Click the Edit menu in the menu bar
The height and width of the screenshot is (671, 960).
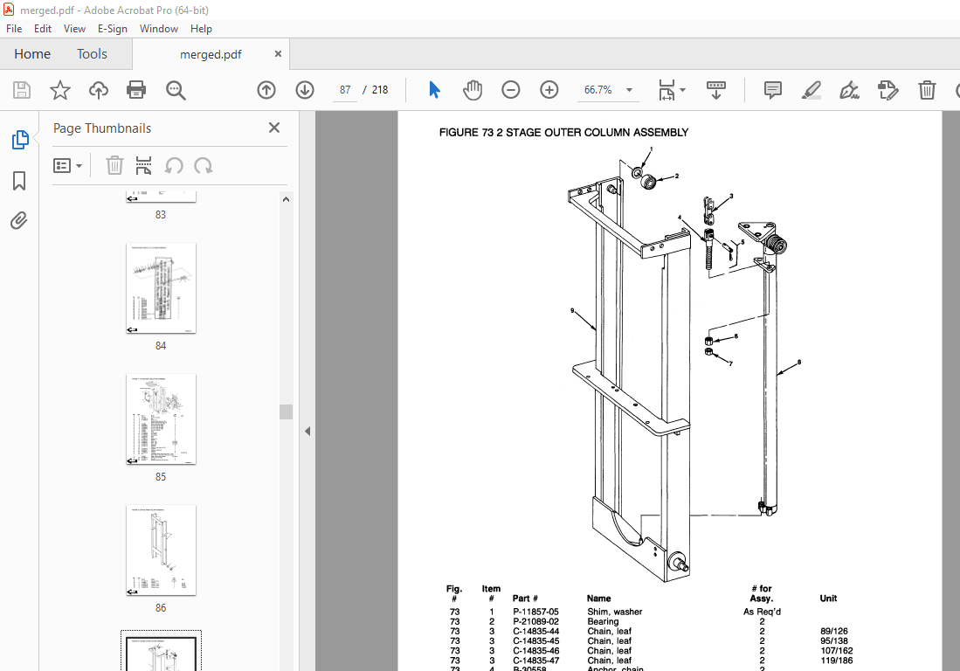click(43, 29)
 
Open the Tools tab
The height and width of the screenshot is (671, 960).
click(92, 54)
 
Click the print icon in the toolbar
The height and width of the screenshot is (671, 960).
click(136, 90)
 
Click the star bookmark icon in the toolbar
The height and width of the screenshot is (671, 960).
click(59, 90)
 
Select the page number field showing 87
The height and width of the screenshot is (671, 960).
click(346, 90)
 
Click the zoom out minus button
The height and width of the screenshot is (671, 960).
click(511, 90)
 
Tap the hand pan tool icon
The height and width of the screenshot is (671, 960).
click(473, 90)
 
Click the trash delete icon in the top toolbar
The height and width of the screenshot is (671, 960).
click(927, 90)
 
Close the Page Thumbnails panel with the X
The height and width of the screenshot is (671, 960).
click(274, 128)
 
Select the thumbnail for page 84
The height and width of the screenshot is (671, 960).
click(161, 287)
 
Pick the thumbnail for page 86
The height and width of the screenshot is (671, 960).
click(161, 550)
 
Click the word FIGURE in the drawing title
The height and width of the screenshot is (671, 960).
click(459, 133)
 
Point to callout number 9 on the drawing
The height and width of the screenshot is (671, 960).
click(573, 310)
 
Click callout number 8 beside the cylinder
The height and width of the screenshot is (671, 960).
click(798, 362)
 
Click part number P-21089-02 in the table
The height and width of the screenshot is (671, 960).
click(535, 621)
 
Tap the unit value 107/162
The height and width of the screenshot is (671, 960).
click(836, 650)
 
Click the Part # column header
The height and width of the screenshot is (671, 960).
click(525, 598)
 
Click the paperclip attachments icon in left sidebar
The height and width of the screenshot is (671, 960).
click(19, 221)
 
